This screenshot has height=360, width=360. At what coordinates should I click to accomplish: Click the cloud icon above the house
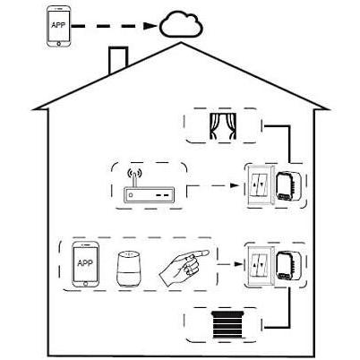point(182,24)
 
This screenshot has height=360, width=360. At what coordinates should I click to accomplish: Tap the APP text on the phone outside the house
point(58,25)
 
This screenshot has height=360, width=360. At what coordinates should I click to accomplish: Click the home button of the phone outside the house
point(59,44)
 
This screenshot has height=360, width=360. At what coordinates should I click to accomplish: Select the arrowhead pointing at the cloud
point(150,26)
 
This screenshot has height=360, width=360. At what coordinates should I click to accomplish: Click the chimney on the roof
point(118,59)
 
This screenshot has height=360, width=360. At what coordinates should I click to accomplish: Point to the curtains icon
point(223,126)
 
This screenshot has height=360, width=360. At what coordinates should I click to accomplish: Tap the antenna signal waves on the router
point(134,173)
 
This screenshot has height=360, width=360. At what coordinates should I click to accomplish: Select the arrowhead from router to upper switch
point(235,185)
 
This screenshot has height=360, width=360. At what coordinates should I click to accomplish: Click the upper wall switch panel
point(259,185)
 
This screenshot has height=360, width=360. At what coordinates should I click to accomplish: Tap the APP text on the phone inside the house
point(85,263)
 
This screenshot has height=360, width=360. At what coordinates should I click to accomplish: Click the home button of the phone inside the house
point(86,284)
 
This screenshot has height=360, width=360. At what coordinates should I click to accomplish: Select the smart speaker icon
point(129,270)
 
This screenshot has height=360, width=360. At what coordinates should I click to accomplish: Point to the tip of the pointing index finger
point(209,253)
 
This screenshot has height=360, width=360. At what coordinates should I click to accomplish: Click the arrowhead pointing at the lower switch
point(238,264)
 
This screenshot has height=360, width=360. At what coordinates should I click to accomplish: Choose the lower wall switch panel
point(259,266)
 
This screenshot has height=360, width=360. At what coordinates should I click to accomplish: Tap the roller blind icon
point(228,325)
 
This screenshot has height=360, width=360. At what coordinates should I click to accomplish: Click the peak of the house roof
point(181,43)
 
